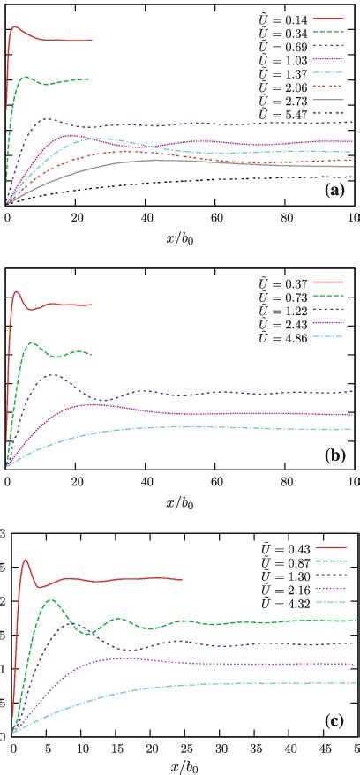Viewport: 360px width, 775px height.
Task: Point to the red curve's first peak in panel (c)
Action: click(x=25, y=560)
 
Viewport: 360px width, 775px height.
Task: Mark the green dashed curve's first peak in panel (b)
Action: click(x=32, y=342)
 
